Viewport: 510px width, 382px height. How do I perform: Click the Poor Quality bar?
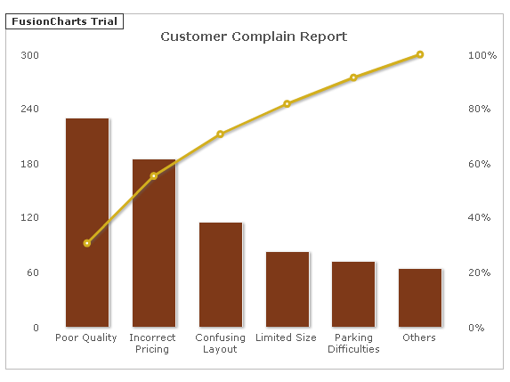pos(87,223)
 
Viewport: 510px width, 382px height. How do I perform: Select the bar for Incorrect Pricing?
pos(154,243)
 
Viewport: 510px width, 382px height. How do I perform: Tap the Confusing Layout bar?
pos(221,274)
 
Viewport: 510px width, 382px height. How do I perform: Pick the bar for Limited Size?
pos(287,289)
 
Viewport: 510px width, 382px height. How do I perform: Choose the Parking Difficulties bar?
pos(353,294)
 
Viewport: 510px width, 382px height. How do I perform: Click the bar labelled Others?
pos(420,297)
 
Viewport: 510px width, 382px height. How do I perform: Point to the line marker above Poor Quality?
pos(87,243)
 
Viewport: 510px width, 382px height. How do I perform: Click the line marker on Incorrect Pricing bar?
pos(154,176)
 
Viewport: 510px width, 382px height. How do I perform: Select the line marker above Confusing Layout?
pos(220,134)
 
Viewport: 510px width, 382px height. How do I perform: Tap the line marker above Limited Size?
pos(287,104)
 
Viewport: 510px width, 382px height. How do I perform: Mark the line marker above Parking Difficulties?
pos(353,77)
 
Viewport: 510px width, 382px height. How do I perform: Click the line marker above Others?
pos(420,54)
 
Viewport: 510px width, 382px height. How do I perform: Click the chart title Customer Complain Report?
pos(254,37)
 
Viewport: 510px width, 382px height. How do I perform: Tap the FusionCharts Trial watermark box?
pos(64,21)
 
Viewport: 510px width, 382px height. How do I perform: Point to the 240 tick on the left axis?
pos(29,109)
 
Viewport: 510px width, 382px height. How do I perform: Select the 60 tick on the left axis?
pos(33,272)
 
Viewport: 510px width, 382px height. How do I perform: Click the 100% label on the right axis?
pos(482,55)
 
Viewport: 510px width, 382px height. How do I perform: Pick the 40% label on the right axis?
pos(479,217)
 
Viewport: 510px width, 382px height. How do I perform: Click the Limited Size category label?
pos(286,337)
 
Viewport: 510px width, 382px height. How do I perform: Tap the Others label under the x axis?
pos(419,337)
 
